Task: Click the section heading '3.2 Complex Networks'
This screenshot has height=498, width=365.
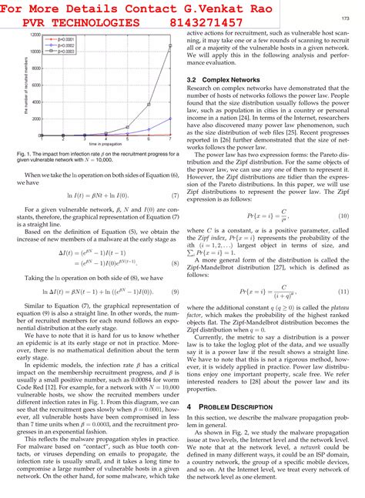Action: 222,79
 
